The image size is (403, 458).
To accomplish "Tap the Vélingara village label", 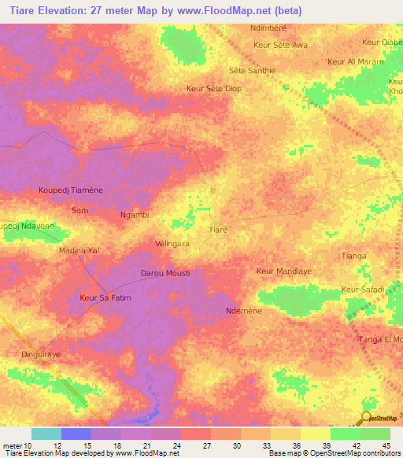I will (x=172, y=245).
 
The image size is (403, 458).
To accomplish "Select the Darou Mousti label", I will (x=165, y=273).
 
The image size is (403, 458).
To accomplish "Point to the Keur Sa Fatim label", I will (x=105, y=298).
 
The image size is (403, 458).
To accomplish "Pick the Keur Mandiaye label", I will (x=283, y=271).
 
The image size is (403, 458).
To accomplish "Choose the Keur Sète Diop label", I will (x=213, y=89).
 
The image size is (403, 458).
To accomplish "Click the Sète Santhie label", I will (x=252, y=70).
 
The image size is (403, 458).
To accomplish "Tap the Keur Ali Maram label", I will (x=355, y=61).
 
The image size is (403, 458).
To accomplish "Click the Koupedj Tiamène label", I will (x=71, y=190).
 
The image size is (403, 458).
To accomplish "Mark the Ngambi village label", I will (x=134, y=215).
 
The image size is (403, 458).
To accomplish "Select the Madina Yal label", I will (x=79, y=250).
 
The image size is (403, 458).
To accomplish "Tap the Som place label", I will (x=79, y=211).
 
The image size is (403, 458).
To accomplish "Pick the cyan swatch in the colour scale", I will (x=46, y=434).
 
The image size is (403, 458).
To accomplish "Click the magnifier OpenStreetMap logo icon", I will (x=365, y=418).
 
